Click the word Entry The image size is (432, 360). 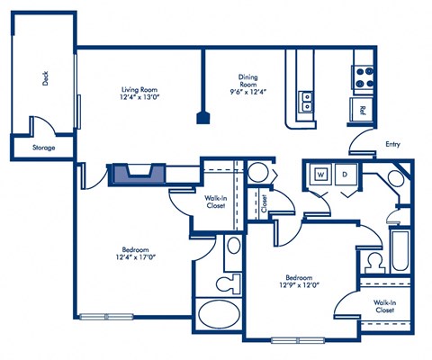(392, 143)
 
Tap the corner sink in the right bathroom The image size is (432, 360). (395, 177)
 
